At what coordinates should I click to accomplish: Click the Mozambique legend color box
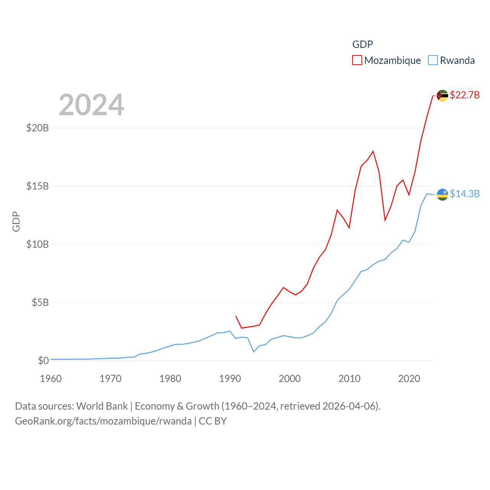point(357,60)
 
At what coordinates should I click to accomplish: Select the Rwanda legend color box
point(433,60)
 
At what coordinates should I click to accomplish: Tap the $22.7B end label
point(465,95)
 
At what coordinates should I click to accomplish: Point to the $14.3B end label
point(465,194)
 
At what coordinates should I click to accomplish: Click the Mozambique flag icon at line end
point(443,96)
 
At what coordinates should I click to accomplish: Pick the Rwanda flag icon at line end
point(443,194)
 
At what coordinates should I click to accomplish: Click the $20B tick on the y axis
point(38,128)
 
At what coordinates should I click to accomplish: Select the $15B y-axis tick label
point(38,186)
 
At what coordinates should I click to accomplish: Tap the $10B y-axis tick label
point(38,244)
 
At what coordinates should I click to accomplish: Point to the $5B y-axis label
point(40,302)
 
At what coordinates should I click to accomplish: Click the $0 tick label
point(43,361)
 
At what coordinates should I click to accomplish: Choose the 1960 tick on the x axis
point(51,379)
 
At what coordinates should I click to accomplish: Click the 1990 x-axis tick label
point(230,379)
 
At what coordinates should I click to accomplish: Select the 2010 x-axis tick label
point(350,379)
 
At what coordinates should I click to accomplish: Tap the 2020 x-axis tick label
point(409,379)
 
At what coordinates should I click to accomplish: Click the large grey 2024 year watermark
point(91,105)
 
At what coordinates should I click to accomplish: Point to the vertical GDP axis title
point(16,221)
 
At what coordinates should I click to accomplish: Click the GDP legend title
point(363,44)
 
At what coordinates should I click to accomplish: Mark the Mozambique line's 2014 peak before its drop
point(373,151)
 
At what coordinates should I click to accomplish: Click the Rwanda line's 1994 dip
point(253,352)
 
